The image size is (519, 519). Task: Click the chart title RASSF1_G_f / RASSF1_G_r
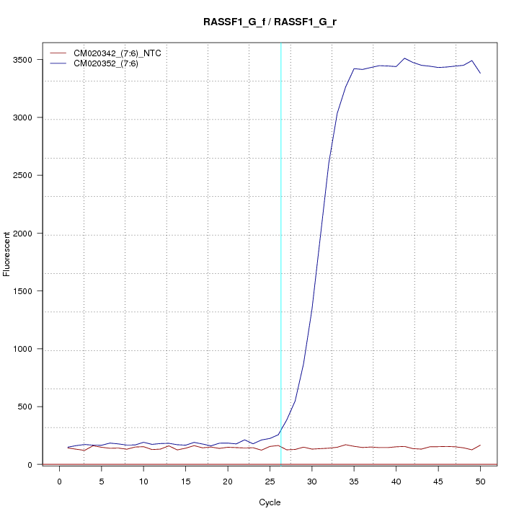tap(270, 22)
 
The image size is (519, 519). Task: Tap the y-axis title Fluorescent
tap(8, 254)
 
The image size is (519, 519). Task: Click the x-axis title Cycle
tap(270, 502)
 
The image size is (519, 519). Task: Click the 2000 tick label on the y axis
tap(25, 234)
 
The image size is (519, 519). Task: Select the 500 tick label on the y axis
tap(27, 407)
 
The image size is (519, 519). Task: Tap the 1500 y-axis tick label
tap(25, 291)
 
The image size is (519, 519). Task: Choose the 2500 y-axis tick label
tap(25, 175)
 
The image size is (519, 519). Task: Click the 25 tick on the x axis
tap(270, 481)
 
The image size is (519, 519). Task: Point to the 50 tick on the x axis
tap(480, 481)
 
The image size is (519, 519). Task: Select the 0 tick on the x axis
tap(60, 481)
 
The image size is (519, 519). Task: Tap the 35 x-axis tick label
tap(354, 481)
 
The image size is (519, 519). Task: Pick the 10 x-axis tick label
tap(143, 481)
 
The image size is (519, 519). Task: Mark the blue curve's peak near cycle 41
tap(404, 58)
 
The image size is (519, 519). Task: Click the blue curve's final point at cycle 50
tap(480, 73)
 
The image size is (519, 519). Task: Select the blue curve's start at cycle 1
tap(68, 448)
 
